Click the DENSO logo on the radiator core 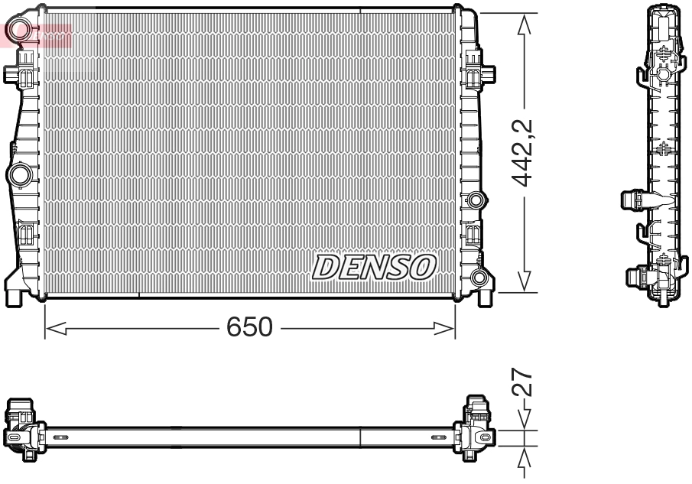pos(373,267)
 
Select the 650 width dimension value pos(249,327)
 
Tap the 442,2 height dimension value pos(524,153)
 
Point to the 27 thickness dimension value pos(524,382)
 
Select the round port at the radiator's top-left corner pos(18,31)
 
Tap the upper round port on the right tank pos(476,201)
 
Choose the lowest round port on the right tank pos(479,277)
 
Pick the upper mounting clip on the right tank pos(482,75)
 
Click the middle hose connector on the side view pos(632,200)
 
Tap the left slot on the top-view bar pos(61,437)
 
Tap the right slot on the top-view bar pos(438,437)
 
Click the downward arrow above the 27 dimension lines pos(525,417)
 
